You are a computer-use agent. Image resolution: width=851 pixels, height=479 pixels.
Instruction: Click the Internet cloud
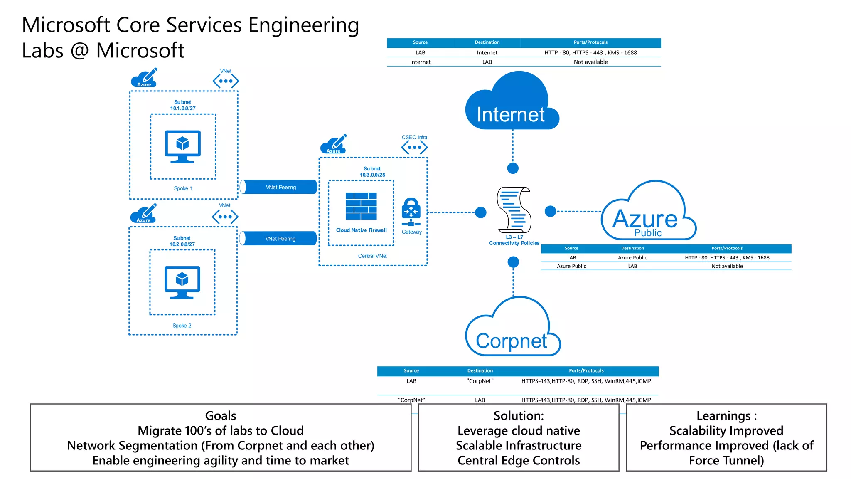tap(511, 104)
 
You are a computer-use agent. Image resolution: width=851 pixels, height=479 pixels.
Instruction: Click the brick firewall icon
tap(361, 206)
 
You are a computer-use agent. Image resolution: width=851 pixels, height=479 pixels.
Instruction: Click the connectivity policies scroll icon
tap(514, 210)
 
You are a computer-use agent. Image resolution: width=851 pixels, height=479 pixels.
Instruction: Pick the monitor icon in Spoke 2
tap(182, 282)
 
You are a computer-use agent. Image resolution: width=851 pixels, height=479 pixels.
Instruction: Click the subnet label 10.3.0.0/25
tap(372, 175)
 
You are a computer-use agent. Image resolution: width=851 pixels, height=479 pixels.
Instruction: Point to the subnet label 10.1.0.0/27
tap(183, 109)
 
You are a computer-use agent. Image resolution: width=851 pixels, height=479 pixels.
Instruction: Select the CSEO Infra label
tap(414, 137)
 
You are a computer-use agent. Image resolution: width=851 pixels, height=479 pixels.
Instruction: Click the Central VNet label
tap(372, 256)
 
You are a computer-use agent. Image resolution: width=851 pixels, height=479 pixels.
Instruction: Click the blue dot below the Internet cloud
tap(513, 168)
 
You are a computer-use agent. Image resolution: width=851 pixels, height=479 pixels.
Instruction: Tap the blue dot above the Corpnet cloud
tap(513, 262)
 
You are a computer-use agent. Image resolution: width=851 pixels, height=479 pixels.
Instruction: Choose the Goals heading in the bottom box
tap(221, 416)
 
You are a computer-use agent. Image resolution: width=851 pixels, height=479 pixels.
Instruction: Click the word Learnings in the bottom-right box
tap(723, 416)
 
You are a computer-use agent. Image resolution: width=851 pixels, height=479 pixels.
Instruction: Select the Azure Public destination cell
tap(632, 258)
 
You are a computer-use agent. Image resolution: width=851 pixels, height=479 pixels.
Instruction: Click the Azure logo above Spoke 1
tap(144, 78)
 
